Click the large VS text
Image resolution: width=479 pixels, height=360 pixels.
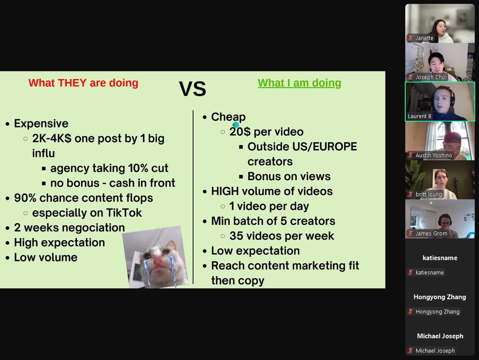click(192, 88)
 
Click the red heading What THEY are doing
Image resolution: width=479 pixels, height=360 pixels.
click(83, 83)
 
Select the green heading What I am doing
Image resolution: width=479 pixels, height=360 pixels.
click(299, 83)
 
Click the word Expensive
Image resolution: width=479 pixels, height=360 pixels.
click(41, 123)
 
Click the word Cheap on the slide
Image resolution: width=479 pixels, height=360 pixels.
click(228, 117)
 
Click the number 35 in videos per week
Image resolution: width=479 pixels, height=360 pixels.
click(236, 236)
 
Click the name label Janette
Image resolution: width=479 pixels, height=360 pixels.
click(425, 38)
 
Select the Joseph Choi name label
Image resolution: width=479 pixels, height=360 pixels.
click(431, 77)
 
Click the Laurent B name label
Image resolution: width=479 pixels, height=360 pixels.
click(419, 116)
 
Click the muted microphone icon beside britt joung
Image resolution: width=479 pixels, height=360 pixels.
click(411, 194)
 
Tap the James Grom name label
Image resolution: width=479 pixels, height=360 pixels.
click(431, 233)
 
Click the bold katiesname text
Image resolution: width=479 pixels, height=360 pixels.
click(440, 258)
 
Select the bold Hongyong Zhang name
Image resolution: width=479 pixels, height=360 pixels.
click(440, 297)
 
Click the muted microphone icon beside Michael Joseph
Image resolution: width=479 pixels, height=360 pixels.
click(411, 351)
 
